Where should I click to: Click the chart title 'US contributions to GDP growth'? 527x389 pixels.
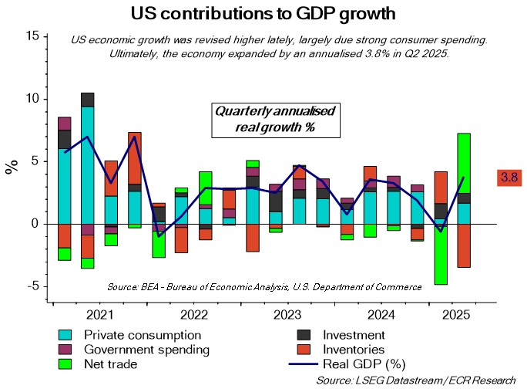263,13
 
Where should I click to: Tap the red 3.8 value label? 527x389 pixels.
509,178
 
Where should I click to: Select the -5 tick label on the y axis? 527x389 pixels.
31,286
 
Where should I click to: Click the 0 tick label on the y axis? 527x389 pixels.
35,224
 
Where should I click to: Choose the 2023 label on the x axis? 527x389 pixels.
287,315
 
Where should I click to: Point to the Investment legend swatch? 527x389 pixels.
304,335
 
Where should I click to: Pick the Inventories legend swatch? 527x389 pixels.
304,349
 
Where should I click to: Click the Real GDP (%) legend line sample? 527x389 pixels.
304,363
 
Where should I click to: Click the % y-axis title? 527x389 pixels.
12,167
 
